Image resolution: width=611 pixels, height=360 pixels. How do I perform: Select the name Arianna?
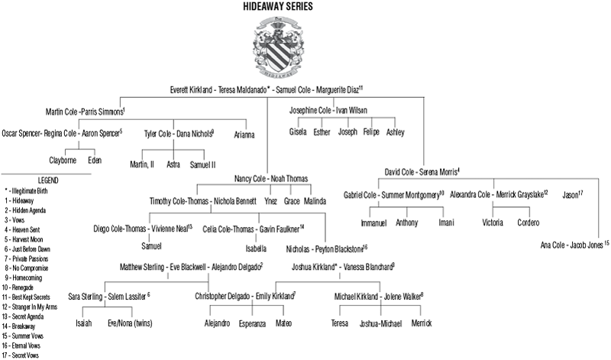click(x=244, y=135)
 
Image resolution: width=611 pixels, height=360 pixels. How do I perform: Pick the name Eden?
click(x=95, y=161)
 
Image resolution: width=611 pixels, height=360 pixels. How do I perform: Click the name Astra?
click(x=173, y=164)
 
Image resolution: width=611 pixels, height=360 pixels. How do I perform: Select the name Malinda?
click(x=314, y=202)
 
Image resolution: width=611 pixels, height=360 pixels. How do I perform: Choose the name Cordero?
click(x=529, y=223)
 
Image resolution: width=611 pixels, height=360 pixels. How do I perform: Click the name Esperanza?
click(x=251, y=323)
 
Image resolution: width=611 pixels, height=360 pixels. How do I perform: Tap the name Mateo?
click(x=283, y=323)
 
